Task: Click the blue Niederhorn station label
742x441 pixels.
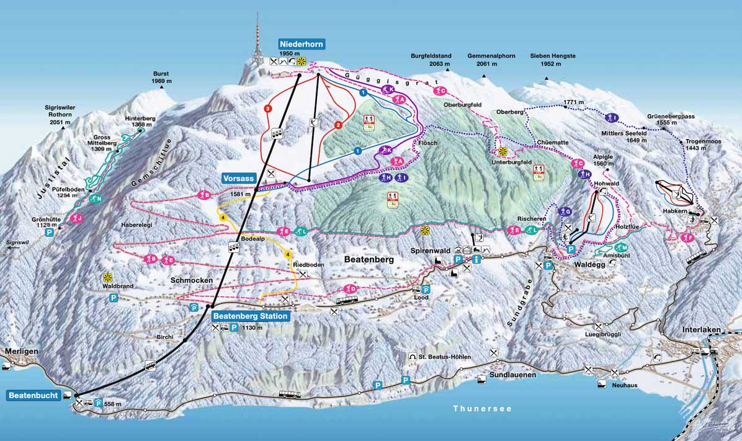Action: (x=302, y=44)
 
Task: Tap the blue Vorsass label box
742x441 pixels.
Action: (x=238, y=178)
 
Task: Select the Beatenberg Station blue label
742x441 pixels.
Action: (x=250, y=316)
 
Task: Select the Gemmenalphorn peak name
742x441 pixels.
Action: (x=491, y=56)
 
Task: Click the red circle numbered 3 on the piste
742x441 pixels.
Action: (x=267, y=109)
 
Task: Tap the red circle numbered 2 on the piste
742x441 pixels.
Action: (x=338, y=125)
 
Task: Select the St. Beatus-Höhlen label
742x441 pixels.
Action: (x=444, y=357)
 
